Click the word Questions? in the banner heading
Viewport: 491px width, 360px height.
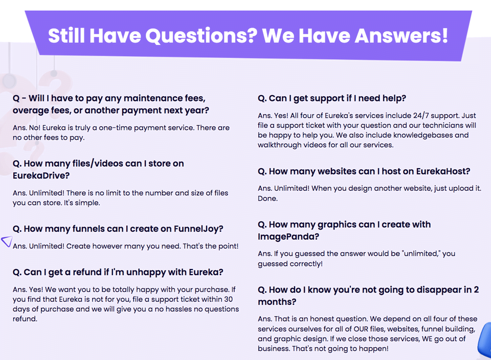[x=202, y=36]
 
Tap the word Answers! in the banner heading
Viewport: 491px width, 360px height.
[x=401, y=36]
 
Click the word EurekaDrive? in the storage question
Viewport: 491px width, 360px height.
[x=41, y=175]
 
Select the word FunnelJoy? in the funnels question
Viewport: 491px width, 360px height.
[x=198, y=229]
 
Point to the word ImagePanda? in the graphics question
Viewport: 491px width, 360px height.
[x=288, y=237]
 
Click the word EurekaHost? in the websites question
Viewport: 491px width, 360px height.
[x=443, y=171]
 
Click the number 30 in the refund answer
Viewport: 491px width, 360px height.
[x=228, y=299]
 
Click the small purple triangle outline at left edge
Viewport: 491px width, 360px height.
[x=6, y=241]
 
